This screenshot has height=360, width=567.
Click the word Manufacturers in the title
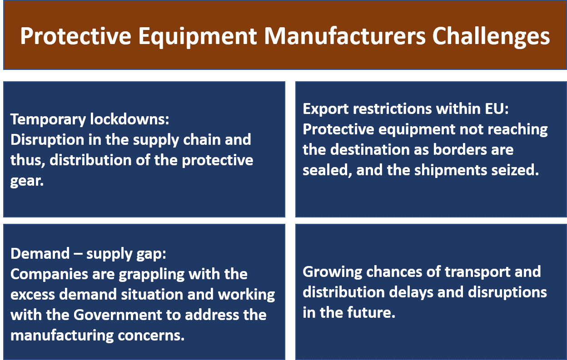tap(345, 36)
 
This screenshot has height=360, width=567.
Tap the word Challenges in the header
tap(491, 37)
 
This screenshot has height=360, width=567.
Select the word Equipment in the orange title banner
tap(198, 37)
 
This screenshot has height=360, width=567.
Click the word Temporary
tap(48, 119)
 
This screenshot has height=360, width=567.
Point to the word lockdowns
tap(129, 119)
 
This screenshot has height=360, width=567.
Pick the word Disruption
tap(47, 140)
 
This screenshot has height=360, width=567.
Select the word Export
tap(325, 109)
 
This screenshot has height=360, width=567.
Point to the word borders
tap(460, 149)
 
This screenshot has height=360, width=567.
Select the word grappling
tap(152, 275)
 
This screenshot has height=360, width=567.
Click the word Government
tap(118, 315)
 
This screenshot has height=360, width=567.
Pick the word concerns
tap(151, 336)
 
